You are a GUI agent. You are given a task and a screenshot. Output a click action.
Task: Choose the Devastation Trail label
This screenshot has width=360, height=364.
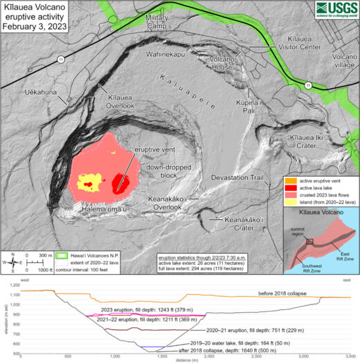[238, 178]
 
